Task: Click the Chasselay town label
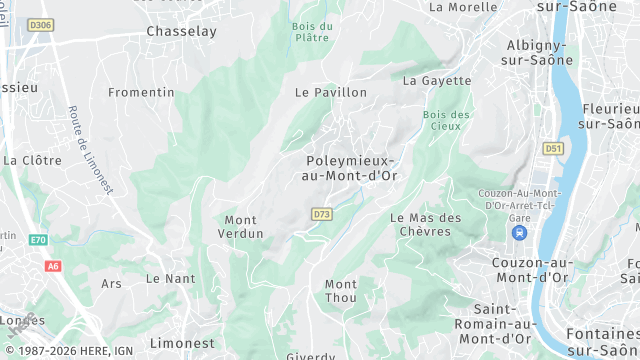point(181,31)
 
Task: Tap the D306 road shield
point(41,24)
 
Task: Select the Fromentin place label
point(141,92)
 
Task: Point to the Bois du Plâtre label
point(312,31)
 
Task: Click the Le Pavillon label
point(330,92)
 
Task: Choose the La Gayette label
point(437,80)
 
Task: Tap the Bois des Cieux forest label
point(447,120)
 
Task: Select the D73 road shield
point(321,214)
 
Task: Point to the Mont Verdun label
point(241,227)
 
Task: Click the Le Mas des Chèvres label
point(426,225)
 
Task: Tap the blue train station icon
point(519,232)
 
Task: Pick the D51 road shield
point(553,148)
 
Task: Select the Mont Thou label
point(341,291)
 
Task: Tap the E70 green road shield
point(38,240)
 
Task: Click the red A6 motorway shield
point(53,266)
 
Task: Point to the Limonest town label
point(180,343)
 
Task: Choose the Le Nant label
point(171,278)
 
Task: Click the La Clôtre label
point(32,159)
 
